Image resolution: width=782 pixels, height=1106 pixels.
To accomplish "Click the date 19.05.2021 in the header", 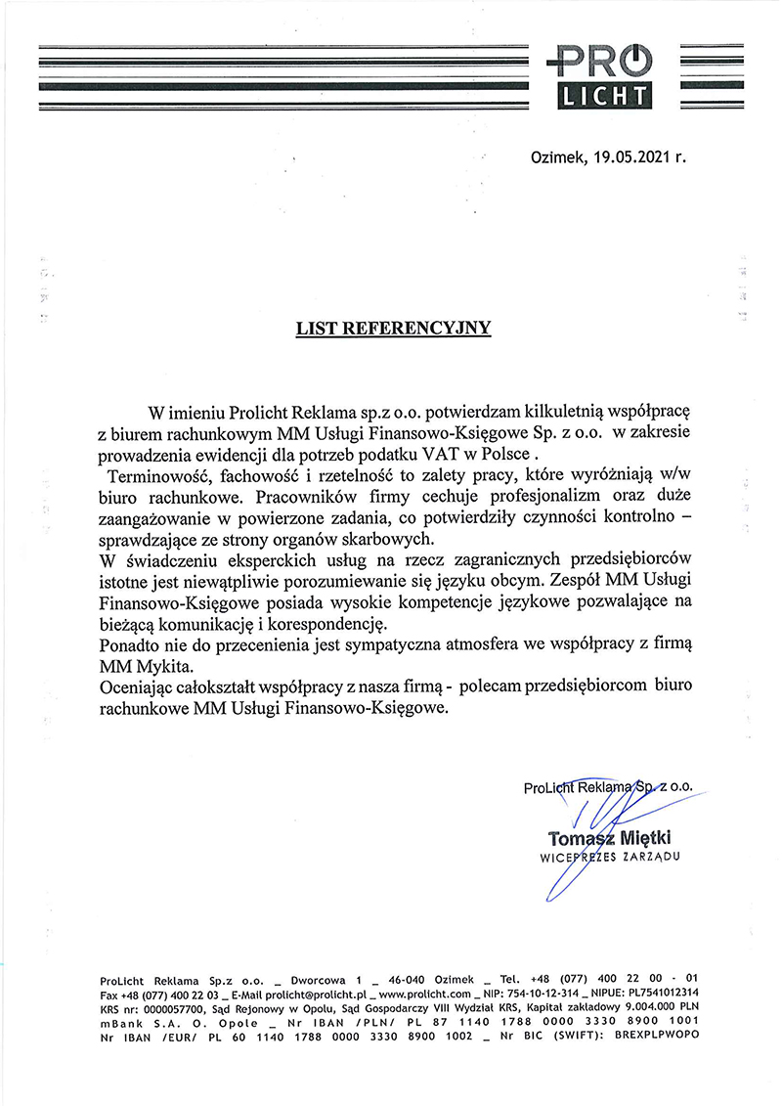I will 632,155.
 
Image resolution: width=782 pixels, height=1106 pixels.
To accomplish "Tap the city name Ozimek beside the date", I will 558,155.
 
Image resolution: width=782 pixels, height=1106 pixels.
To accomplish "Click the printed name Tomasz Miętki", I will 611,838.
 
